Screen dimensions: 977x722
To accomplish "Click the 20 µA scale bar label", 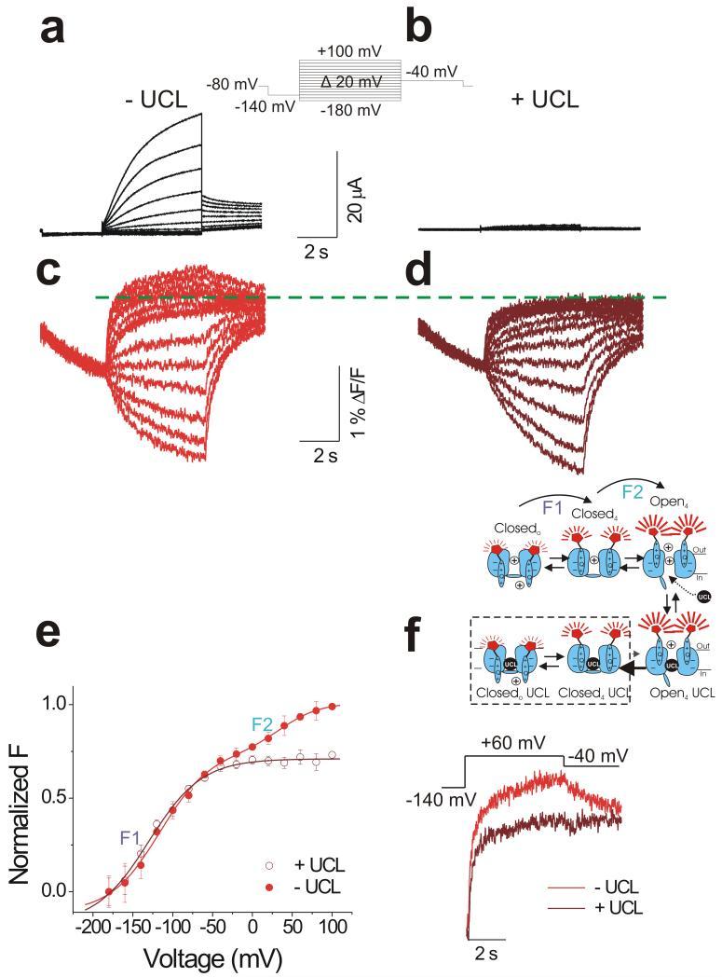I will (355, 199).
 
